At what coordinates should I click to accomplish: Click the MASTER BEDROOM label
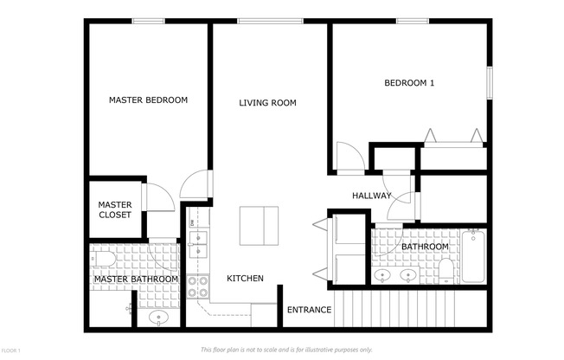pos(148,100)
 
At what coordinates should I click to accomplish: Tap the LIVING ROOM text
pos(267,103)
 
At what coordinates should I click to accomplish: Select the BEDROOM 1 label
pos(409,83)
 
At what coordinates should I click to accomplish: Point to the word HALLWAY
pos(371,196)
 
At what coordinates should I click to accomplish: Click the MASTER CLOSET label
pos(114,209)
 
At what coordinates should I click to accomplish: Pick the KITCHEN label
pos(245,279)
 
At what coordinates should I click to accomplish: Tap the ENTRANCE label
pos(309,310)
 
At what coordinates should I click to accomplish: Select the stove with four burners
pos(199,287)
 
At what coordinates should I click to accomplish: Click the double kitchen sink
pos(199,242)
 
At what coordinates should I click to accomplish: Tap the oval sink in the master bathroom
pos(158,318)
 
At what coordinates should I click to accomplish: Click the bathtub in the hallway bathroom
pos(473,256)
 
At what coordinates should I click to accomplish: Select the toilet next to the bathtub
pos(445,272)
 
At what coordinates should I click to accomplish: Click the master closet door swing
pos(160,197)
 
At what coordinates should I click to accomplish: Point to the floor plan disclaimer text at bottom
pos(286,350)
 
